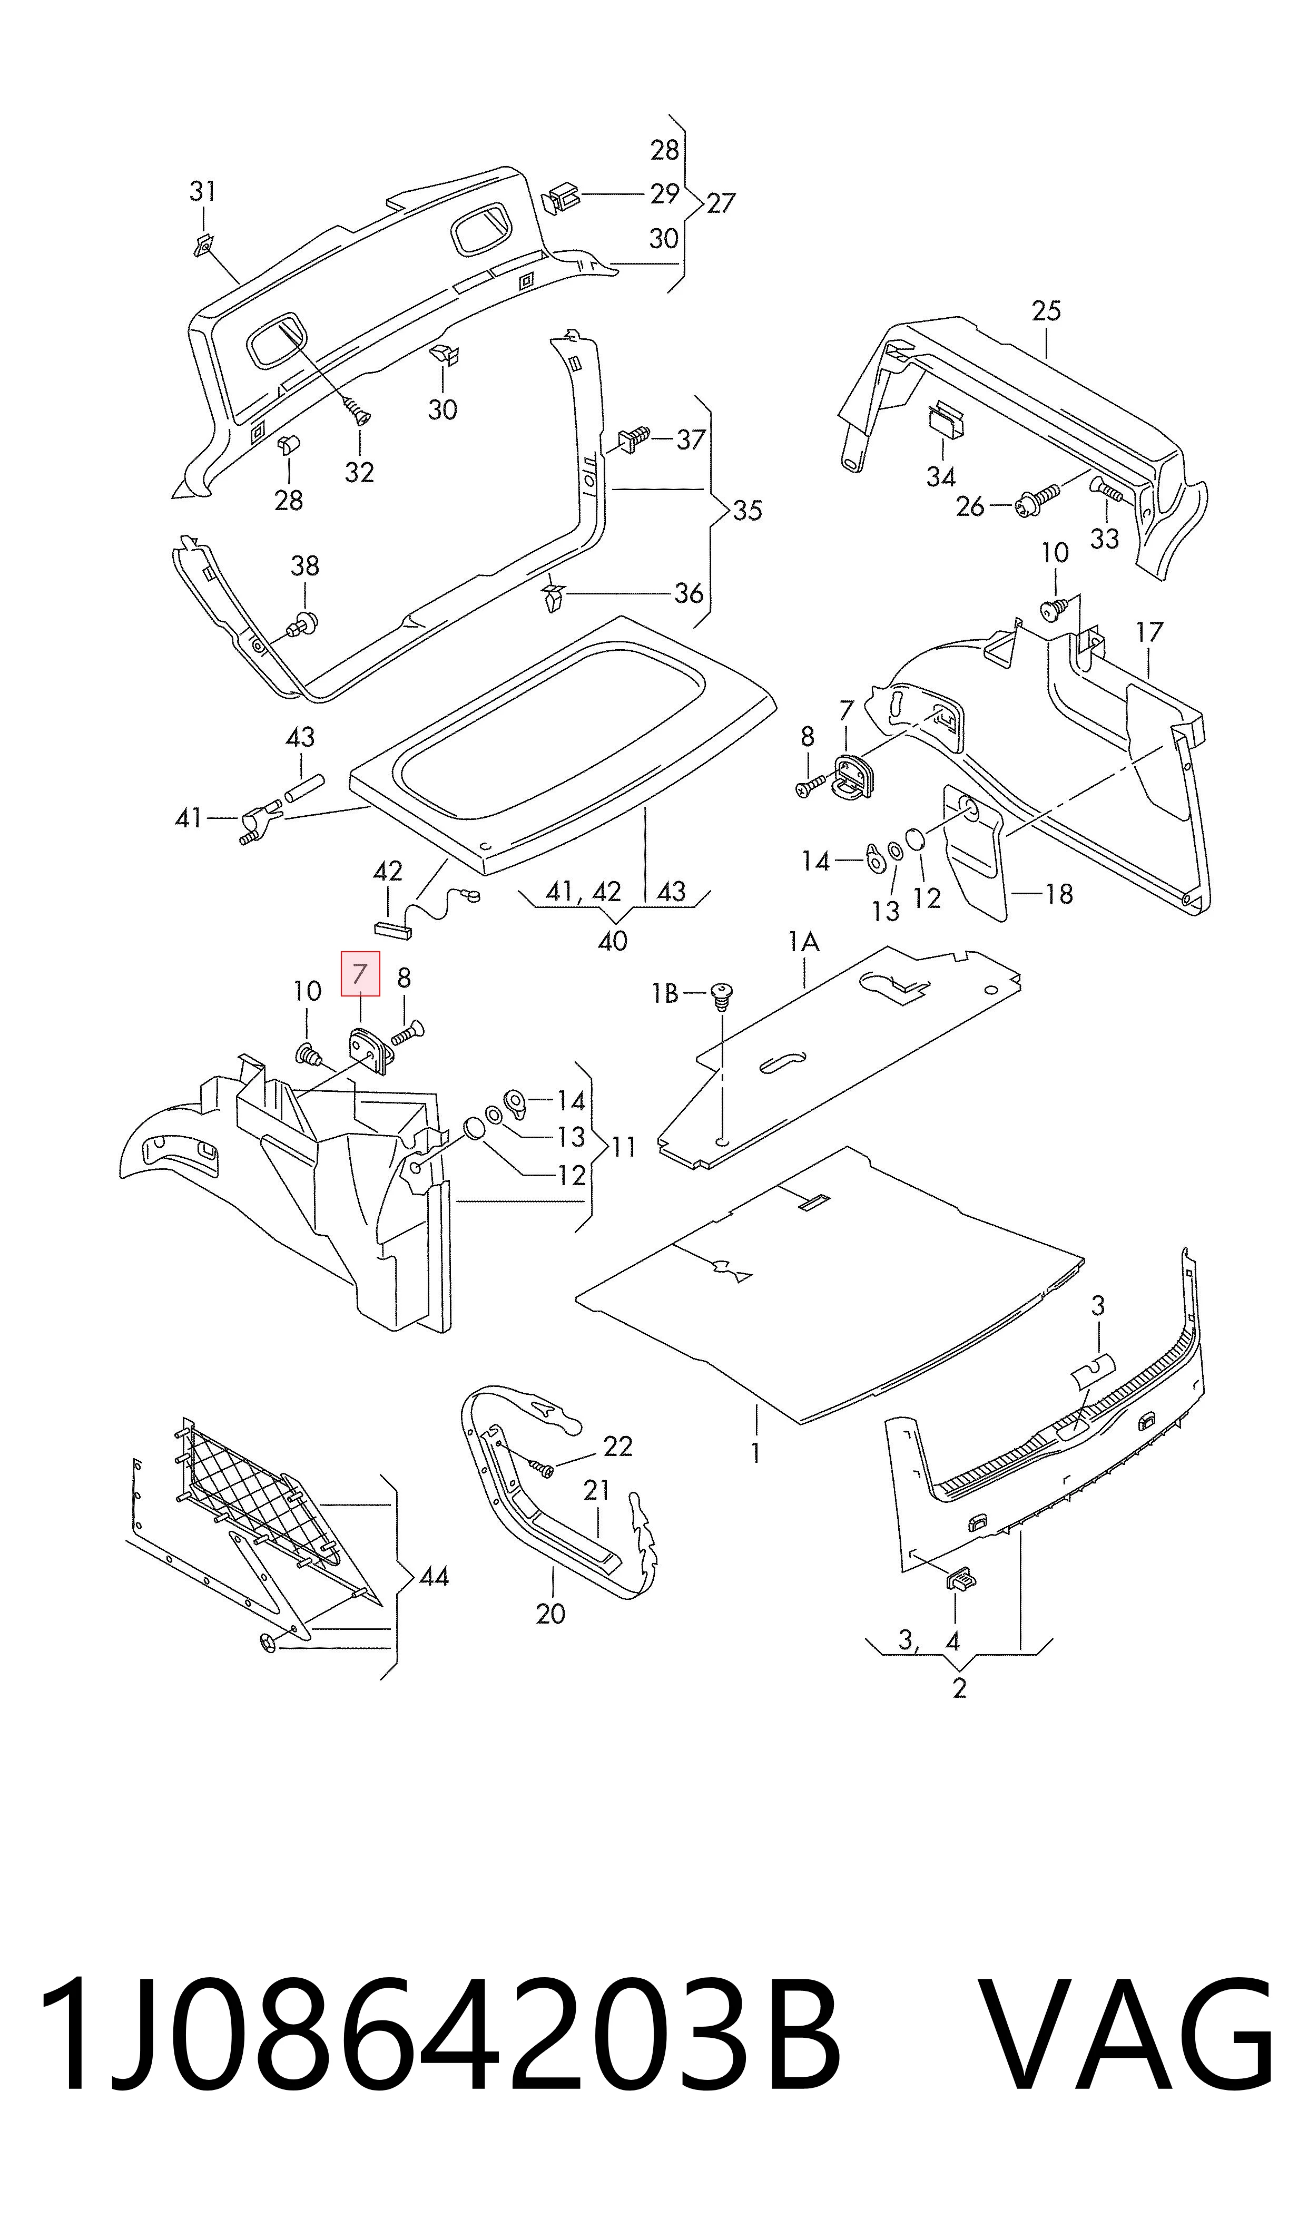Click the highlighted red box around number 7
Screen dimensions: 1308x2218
click(360, 973)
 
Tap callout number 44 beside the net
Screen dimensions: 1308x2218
click(434, 1576)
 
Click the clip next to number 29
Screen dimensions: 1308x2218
click(559, 198)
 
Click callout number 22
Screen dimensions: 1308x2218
click(618, 1446)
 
